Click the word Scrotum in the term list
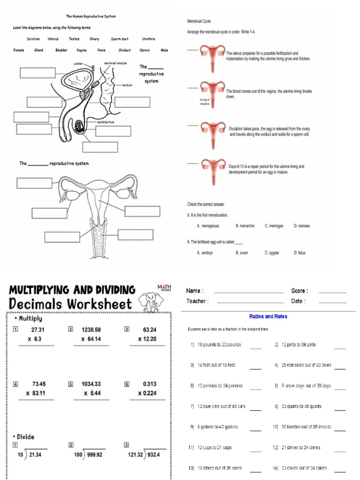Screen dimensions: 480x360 (x=33, y=39)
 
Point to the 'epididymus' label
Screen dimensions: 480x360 (x=105, y=122)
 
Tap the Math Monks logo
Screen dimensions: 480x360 (x=164, y=288)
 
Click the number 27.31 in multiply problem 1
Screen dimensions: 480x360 (x=37, y=330)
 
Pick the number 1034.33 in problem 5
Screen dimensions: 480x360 (x=91, y=384)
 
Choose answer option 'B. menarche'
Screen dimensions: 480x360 (x=245, y=226)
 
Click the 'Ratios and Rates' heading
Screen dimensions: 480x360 (x=268, y=316)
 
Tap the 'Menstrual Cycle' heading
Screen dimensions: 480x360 (x=199, y=21)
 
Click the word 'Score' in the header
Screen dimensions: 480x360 (x=299, y=291)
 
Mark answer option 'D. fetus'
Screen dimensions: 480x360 (x=300, y=253)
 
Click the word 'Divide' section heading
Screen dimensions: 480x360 (x=25, y=437)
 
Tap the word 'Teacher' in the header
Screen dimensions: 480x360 (x=197, y=301)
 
